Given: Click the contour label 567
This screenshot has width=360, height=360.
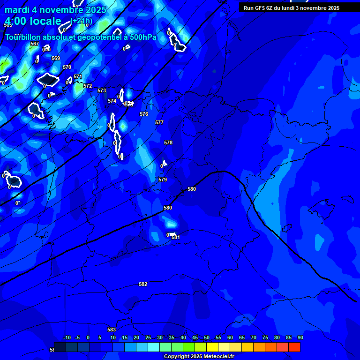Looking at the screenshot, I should click(x=35, y=44).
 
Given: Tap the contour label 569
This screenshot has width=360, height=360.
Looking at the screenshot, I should click(x=56, y=58).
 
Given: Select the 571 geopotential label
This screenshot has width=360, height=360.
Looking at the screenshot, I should click(x=78, y=76).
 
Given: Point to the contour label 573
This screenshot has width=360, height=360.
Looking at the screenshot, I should click(x=102, y=90).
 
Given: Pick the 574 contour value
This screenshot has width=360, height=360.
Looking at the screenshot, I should click(x=112, y=101).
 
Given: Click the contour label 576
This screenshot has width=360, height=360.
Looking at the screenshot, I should click(x=144, y=114).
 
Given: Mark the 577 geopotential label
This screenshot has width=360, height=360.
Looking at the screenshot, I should click(x=159, y=122).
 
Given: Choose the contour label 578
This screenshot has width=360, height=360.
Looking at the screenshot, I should click(x=168, y=142).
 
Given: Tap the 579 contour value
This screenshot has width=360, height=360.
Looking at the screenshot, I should click(x=163, y=180).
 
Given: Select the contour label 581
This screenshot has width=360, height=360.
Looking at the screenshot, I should click(x=176, y=237).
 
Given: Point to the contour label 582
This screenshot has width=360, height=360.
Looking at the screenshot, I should click(x=143, y=284).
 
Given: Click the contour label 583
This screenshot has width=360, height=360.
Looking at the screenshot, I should click(x=112, y=330).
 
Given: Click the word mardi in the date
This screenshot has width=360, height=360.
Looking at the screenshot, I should click(x=17, y=10).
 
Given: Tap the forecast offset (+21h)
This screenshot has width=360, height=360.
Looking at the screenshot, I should click(x=82, y=21).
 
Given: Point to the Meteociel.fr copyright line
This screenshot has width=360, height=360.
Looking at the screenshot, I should click(x=199, y=356).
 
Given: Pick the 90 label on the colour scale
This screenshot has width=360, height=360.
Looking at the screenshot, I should click(x=300, y=337).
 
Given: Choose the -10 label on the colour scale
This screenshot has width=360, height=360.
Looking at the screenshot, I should click(x=67, y=337).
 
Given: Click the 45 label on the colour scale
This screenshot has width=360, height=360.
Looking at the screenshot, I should click(x=195, y=337).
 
